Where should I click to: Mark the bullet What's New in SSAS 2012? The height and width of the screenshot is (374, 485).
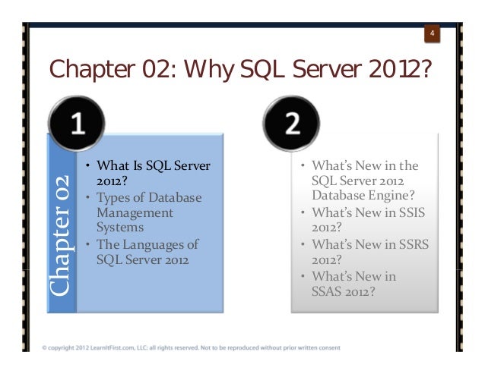tap(357, 284)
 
